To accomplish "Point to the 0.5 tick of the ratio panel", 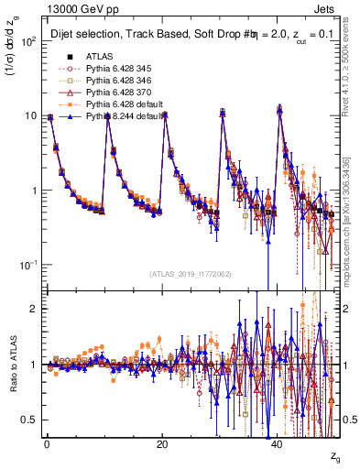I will click(x=30, y=420).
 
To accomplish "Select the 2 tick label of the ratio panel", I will click(x=34, y=309).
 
